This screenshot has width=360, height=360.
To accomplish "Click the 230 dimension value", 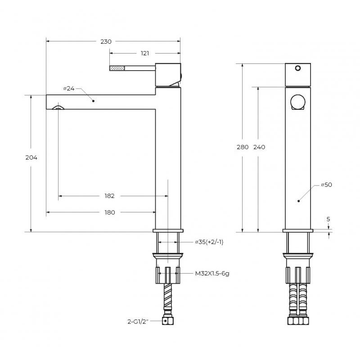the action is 106,41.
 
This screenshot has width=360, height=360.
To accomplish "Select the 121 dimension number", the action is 144,53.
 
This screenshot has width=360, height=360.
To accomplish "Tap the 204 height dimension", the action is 31,157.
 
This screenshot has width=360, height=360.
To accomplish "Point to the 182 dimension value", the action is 109,196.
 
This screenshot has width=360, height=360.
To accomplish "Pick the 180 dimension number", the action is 110,212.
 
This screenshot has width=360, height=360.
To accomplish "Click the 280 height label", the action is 243,147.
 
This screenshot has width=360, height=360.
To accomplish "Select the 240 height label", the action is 259,147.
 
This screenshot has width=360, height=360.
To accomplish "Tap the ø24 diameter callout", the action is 69,88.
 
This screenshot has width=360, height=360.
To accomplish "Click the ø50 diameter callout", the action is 326,184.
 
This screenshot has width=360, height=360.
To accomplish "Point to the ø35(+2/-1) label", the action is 209,242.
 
